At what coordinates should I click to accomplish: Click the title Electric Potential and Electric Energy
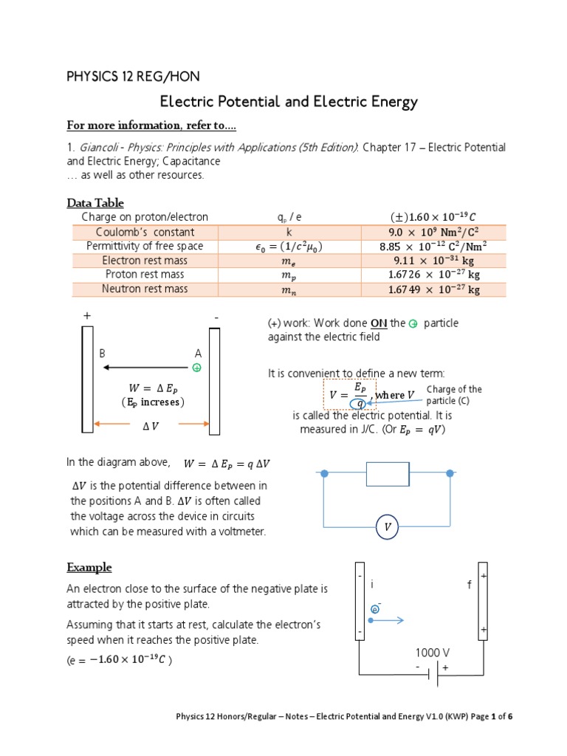(x=289, y=102)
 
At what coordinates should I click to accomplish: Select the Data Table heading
(x=95, y=203)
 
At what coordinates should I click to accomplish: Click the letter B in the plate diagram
(x=103, y=354)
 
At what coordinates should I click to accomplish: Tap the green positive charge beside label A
(x=197, y=367)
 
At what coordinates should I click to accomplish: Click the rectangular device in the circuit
(x=388, y=474)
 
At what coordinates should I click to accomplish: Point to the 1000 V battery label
(x=433, y=653)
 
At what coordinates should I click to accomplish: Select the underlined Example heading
(x=89, y=568)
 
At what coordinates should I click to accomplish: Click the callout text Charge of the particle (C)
(x=454, y=395)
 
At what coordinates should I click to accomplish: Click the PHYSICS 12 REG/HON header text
(x=133, y=76)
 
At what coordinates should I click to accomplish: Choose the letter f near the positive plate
(x=468, y=585)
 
